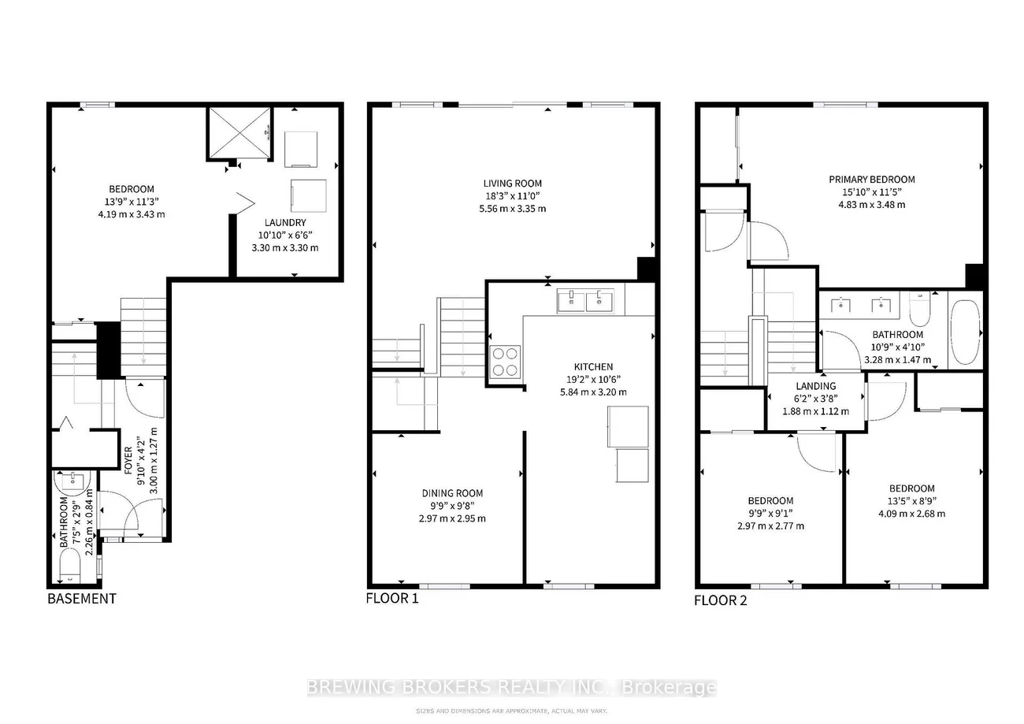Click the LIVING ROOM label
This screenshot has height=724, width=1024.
[513, 184]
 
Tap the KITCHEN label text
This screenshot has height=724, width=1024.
[593, 366]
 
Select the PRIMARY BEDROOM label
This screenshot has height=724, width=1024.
[872, 179]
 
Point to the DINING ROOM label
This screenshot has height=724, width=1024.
[446, 493]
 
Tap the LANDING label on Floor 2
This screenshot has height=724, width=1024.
[815, 386]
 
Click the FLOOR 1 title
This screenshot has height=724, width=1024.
[392, 598]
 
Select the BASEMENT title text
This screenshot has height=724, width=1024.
[82, 598]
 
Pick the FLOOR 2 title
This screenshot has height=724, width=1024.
[720, 600]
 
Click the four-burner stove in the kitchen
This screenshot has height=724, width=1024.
[504, 362]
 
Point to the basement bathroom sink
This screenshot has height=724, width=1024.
[72, 481]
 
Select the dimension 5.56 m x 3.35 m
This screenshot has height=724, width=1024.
[513, 209]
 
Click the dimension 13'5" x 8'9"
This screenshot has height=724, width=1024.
[912, 501]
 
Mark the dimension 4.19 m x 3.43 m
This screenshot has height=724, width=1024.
[132, 214]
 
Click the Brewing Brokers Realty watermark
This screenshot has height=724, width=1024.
[511, 687]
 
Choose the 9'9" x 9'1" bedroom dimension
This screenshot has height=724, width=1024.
[770, 514]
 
